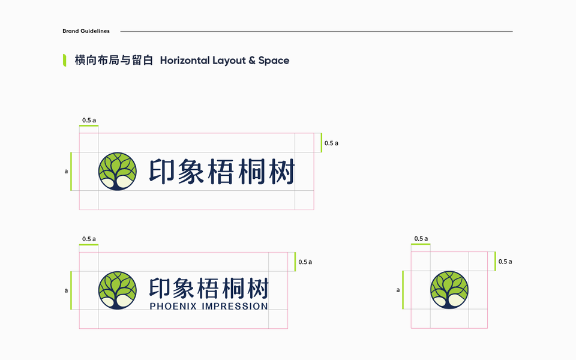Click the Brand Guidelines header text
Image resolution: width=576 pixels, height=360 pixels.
coord(86,31)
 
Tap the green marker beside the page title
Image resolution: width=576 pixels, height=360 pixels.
coord(64,60)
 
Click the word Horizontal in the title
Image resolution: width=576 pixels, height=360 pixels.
coord(184,61)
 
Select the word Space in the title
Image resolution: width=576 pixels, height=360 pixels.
coord(274,61)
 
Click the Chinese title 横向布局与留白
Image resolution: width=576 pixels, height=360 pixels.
coord(114,61)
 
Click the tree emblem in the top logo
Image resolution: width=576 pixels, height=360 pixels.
coord(118,172)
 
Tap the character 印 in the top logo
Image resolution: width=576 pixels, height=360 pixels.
coord(162,172)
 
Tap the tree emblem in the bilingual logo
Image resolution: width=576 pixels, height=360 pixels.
coord(118,290)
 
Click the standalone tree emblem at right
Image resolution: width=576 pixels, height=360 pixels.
coord(449,290)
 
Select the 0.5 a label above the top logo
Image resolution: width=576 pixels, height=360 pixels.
coord(89,121)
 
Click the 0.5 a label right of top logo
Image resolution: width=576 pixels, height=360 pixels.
coord(331,143)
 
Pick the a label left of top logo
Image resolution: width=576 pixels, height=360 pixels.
coord(66,172)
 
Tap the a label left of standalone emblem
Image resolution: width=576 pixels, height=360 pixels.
coord(398,290)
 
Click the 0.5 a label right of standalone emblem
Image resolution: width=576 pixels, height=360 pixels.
coord(505,262)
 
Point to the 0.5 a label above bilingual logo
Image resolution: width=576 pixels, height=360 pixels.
coord(89,239)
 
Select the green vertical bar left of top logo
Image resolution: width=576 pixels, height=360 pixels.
coord(71,172)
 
